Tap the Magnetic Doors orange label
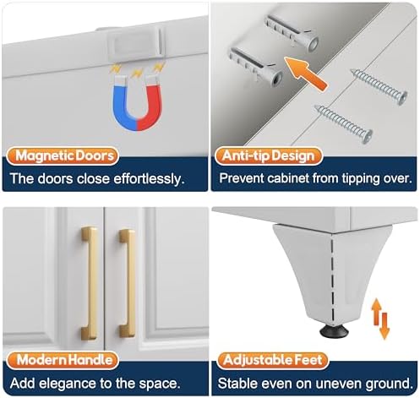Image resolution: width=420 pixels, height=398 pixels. click(x=63, y=155)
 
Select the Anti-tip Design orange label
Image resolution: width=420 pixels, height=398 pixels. click(x=269, y=155)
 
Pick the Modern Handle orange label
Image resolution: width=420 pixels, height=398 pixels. click(x=63, y=360)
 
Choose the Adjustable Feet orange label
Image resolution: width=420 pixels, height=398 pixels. click(x=272, y=360)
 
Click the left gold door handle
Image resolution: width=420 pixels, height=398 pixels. click(x=90, y=283)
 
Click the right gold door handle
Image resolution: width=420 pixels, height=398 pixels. click(x=127, y=283)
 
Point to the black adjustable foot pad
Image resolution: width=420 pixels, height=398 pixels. click(x=334, y=331)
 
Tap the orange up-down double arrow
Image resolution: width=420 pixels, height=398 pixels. click(x=380, y=319)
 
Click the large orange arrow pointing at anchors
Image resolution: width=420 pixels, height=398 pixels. click(x=305, y=74)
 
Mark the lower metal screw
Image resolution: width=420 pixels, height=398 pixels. click(x=344, y=124)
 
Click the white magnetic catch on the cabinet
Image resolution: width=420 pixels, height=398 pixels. click(x=134, y=43)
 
